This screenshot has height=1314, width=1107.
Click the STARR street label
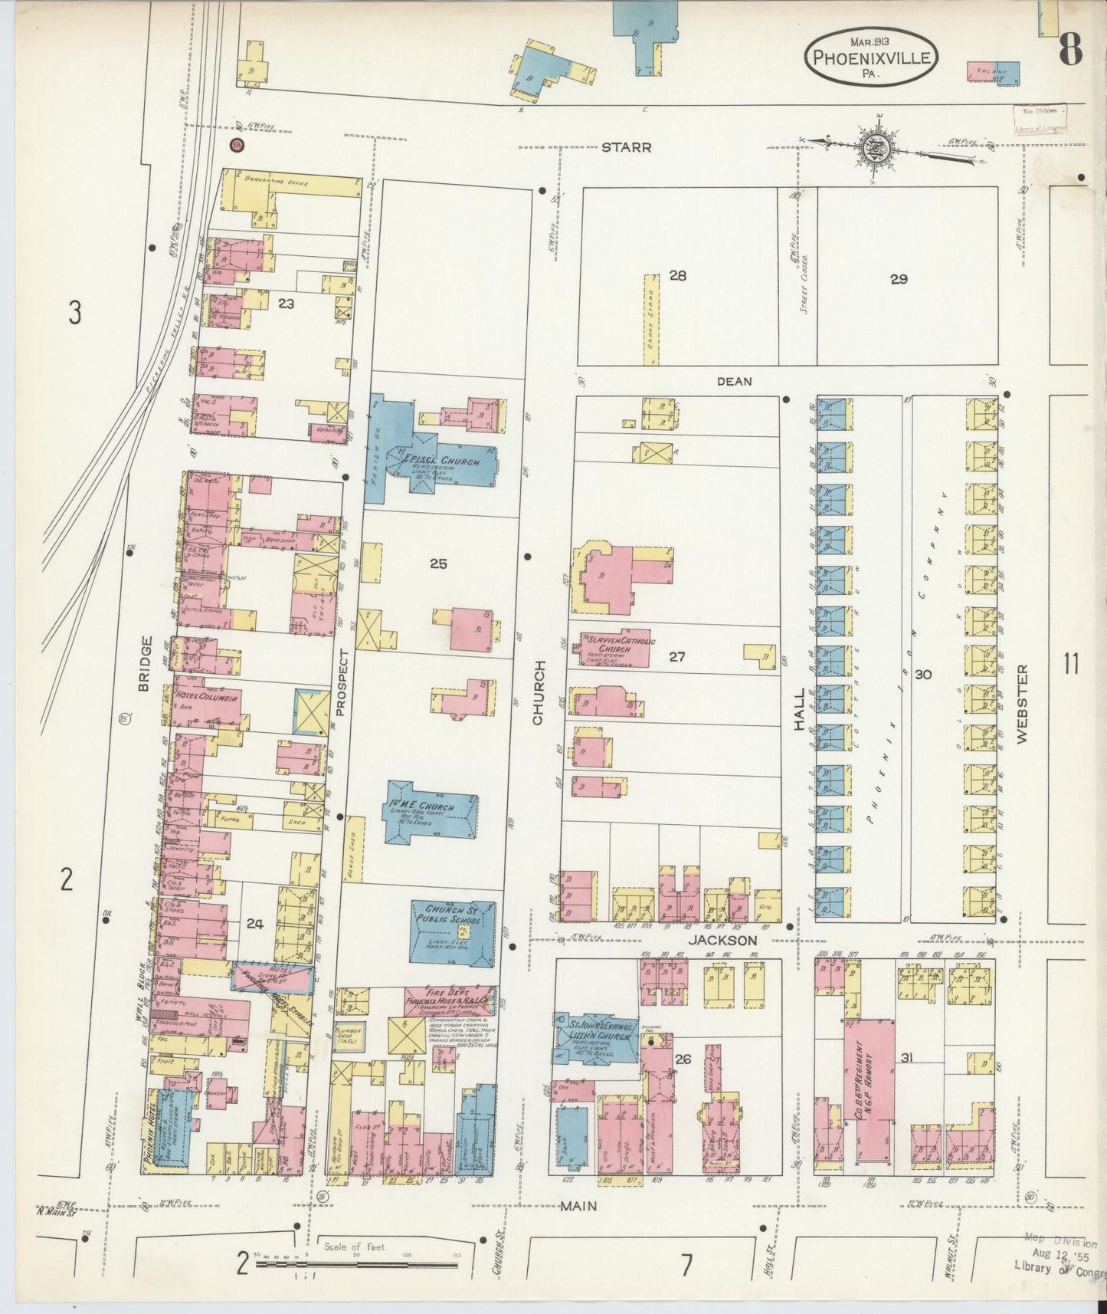(x=626, y=147)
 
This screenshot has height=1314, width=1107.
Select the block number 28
(x=677, y=275)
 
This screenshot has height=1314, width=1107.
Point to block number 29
(x=899, y=279)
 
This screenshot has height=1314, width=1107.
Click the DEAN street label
(x=734, y=381)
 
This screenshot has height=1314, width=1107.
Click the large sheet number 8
(x=1070, y=52)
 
